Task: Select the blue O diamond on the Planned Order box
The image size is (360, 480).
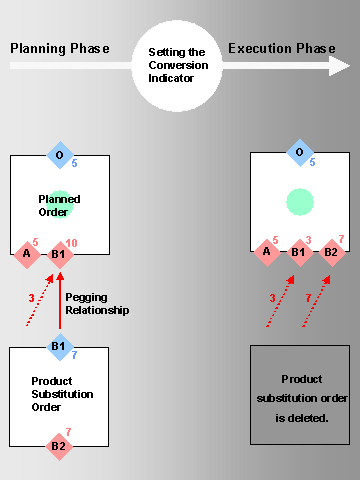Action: click(x=60, y=155)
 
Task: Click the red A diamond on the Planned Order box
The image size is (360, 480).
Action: click(x=27, y=253)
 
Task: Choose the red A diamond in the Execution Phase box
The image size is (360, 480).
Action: click(x=266, y=252)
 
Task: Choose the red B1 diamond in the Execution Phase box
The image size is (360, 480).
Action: click(x=298, y=252)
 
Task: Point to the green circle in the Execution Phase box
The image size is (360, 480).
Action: click(x=299, y=201)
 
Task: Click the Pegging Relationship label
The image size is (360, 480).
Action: click(x=97, y=304)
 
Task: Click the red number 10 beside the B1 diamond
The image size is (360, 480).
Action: click(x=71, y=242)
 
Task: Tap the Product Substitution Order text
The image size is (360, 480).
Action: click(x=62, y=394)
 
